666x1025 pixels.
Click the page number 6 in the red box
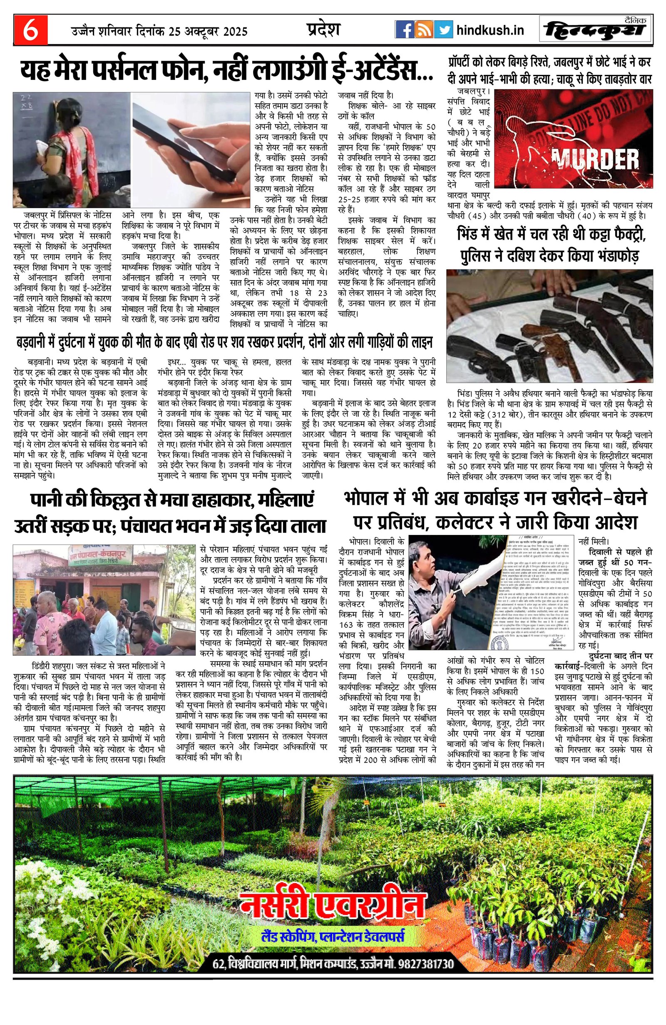pyautogui.click(x=30, y=31)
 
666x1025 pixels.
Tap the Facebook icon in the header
pyautogui.click(x=404, y=30)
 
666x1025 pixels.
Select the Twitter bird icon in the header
pyautogui.click(x=443, y=30)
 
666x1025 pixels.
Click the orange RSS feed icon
pyautogui.click(x=424, y=30)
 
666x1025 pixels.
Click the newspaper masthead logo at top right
pyautogui.click(x=596, y=30)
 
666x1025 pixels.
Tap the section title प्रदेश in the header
pyautogui.click(x=323, y=29)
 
